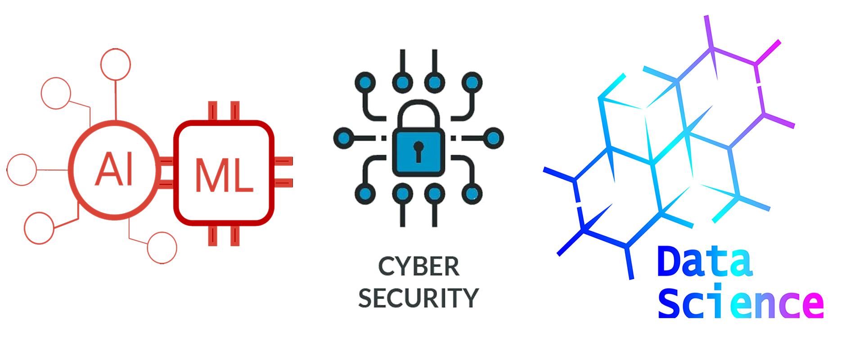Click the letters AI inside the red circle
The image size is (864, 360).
click(x=114, y=169)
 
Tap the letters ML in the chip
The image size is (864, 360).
click(x=224, y=175)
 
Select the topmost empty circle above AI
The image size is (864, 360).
click(x=116, y=64)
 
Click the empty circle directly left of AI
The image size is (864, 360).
click(x=22, y=170)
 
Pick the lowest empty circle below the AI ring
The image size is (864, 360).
click(x=162, y=247)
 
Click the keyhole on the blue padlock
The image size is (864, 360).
click(x=418, y=150)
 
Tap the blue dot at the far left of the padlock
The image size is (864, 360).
click(x=344, y=138)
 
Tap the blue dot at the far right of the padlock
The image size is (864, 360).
click(x=493, y=138)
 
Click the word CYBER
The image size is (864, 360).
click(x=418, y=267)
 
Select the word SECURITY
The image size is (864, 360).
click(x=418, y=298)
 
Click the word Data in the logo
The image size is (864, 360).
click(x=705, y=262)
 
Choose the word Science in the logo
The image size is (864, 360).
click(x=741, y=304)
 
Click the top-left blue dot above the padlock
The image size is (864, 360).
click(x=365, y=82)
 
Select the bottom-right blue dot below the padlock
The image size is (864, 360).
click(x=472, y=194)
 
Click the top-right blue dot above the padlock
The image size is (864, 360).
click(x=472, y=82)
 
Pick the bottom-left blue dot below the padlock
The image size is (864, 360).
click(x=365, y=194)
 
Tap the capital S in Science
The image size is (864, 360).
click(x=669, y=304)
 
